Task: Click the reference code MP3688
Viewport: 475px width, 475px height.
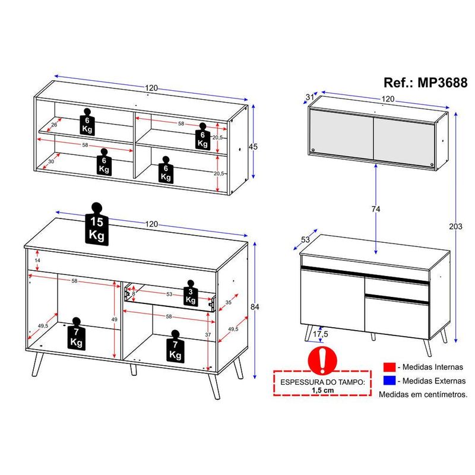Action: [442, 83]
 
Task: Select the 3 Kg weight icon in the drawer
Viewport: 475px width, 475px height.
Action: [191, 293]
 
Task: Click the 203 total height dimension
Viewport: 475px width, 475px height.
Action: [455, 226]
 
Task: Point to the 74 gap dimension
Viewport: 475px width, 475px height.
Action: [376, 209]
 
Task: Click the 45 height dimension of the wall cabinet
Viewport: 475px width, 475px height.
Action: [253, 147]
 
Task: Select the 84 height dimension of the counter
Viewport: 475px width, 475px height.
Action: [255, 307]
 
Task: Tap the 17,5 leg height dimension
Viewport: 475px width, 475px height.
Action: [321, 334]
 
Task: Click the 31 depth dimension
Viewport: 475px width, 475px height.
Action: [309, 97]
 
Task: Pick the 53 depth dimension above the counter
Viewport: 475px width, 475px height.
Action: [305, 240]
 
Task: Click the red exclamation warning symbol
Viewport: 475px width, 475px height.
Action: [322, 360]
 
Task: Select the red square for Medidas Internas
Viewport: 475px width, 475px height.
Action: [389, 367]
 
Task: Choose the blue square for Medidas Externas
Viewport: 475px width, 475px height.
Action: [389, 381]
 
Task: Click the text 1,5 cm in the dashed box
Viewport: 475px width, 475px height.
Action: [322, 390]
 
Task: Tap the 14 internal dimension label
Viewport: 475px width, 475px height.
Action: [37, 260]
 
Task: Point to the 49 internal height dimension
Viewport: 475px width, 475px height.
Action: [114, 319]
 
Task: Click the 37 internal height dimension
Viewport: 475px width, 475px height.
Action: [208, 335]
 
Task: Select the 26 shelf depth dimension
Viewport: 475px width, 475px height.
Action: [54, 125]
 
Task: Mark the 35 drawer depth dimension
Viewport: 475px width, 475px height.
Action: [229, 302]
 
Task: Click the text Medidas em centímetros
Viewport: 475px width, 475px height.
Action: [423, 394]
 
